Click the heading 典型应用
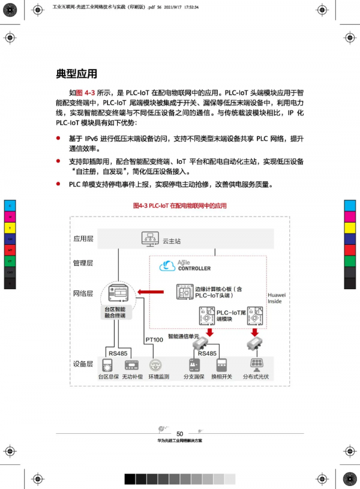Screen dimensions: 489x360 click(x=76, y=74)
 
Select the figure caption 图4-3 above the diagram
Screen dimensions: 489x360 click(x=180, y=205)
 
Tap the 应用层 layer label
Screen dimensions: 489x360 click(x=83, y=239)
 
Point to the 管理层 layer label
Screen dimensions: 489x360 click(x=83, y=263)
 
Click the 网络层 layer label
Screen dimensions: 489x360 click(x=83, y=293)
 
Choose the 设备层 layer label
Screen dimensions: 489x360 click(x=83, y=364)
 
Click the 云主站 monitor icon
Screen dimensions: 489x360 click(x=149, y=238)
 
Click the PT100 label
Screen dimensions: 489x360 click(x=154, y=340)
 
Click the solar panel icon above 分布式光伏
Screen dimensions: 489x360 click(x=256, y=364)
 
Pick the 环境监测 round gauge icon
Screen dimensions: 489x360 click(x=155, y=365)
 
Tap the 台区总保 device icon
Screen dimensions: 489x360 click(x=110, y=365)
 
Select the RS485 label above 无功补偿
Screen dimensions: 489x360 click(x=117, y=353)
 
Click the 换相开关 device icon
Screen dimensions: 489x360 click(x=223, y=365)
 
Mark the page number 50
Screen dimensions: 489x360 click(x=180, y=434)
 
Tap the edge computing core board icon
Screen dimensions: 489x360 click(x=184, y=292)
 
